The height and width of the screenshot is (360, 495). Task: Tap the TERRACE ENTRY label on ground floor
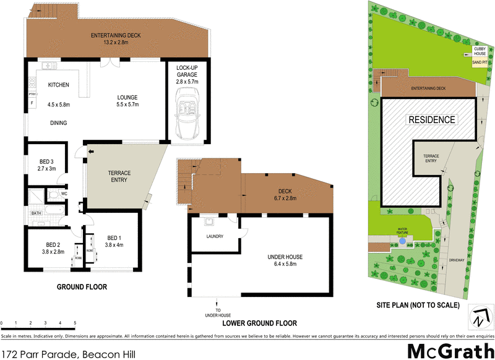[119, 176]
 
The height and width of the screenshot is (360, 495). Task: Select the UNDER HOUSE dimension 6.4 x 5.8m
[286, 264]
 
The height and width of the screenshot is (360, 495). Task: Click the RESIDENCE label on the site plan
[431, 119]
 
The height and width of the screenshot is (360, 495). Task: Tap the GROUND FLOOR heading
[82, 287]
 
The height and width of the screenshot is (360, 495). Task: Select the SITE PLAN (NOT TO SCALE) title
[418, 306]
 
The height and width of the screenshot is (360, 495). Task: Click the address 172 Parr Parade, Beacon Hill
[68, 354]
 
